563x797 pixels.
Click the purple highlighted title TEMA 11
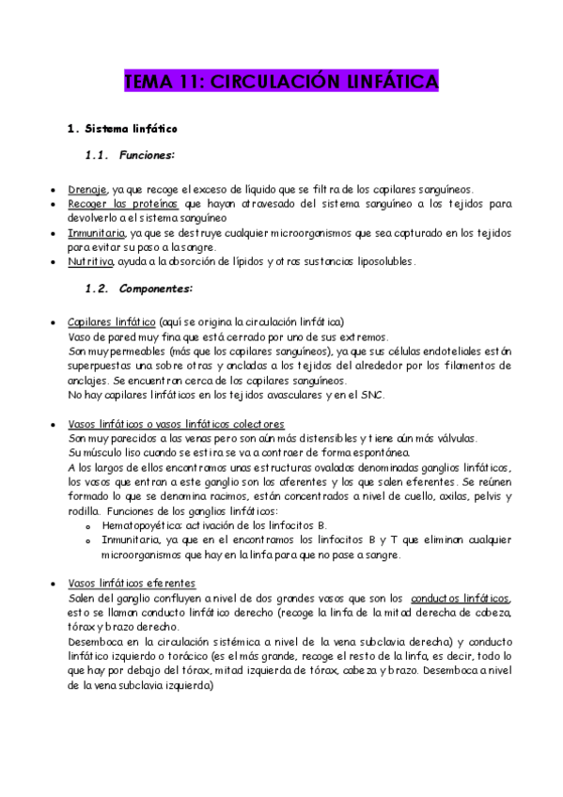coord(281,84)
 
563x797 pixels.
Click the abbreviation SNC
coord(385,395)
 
